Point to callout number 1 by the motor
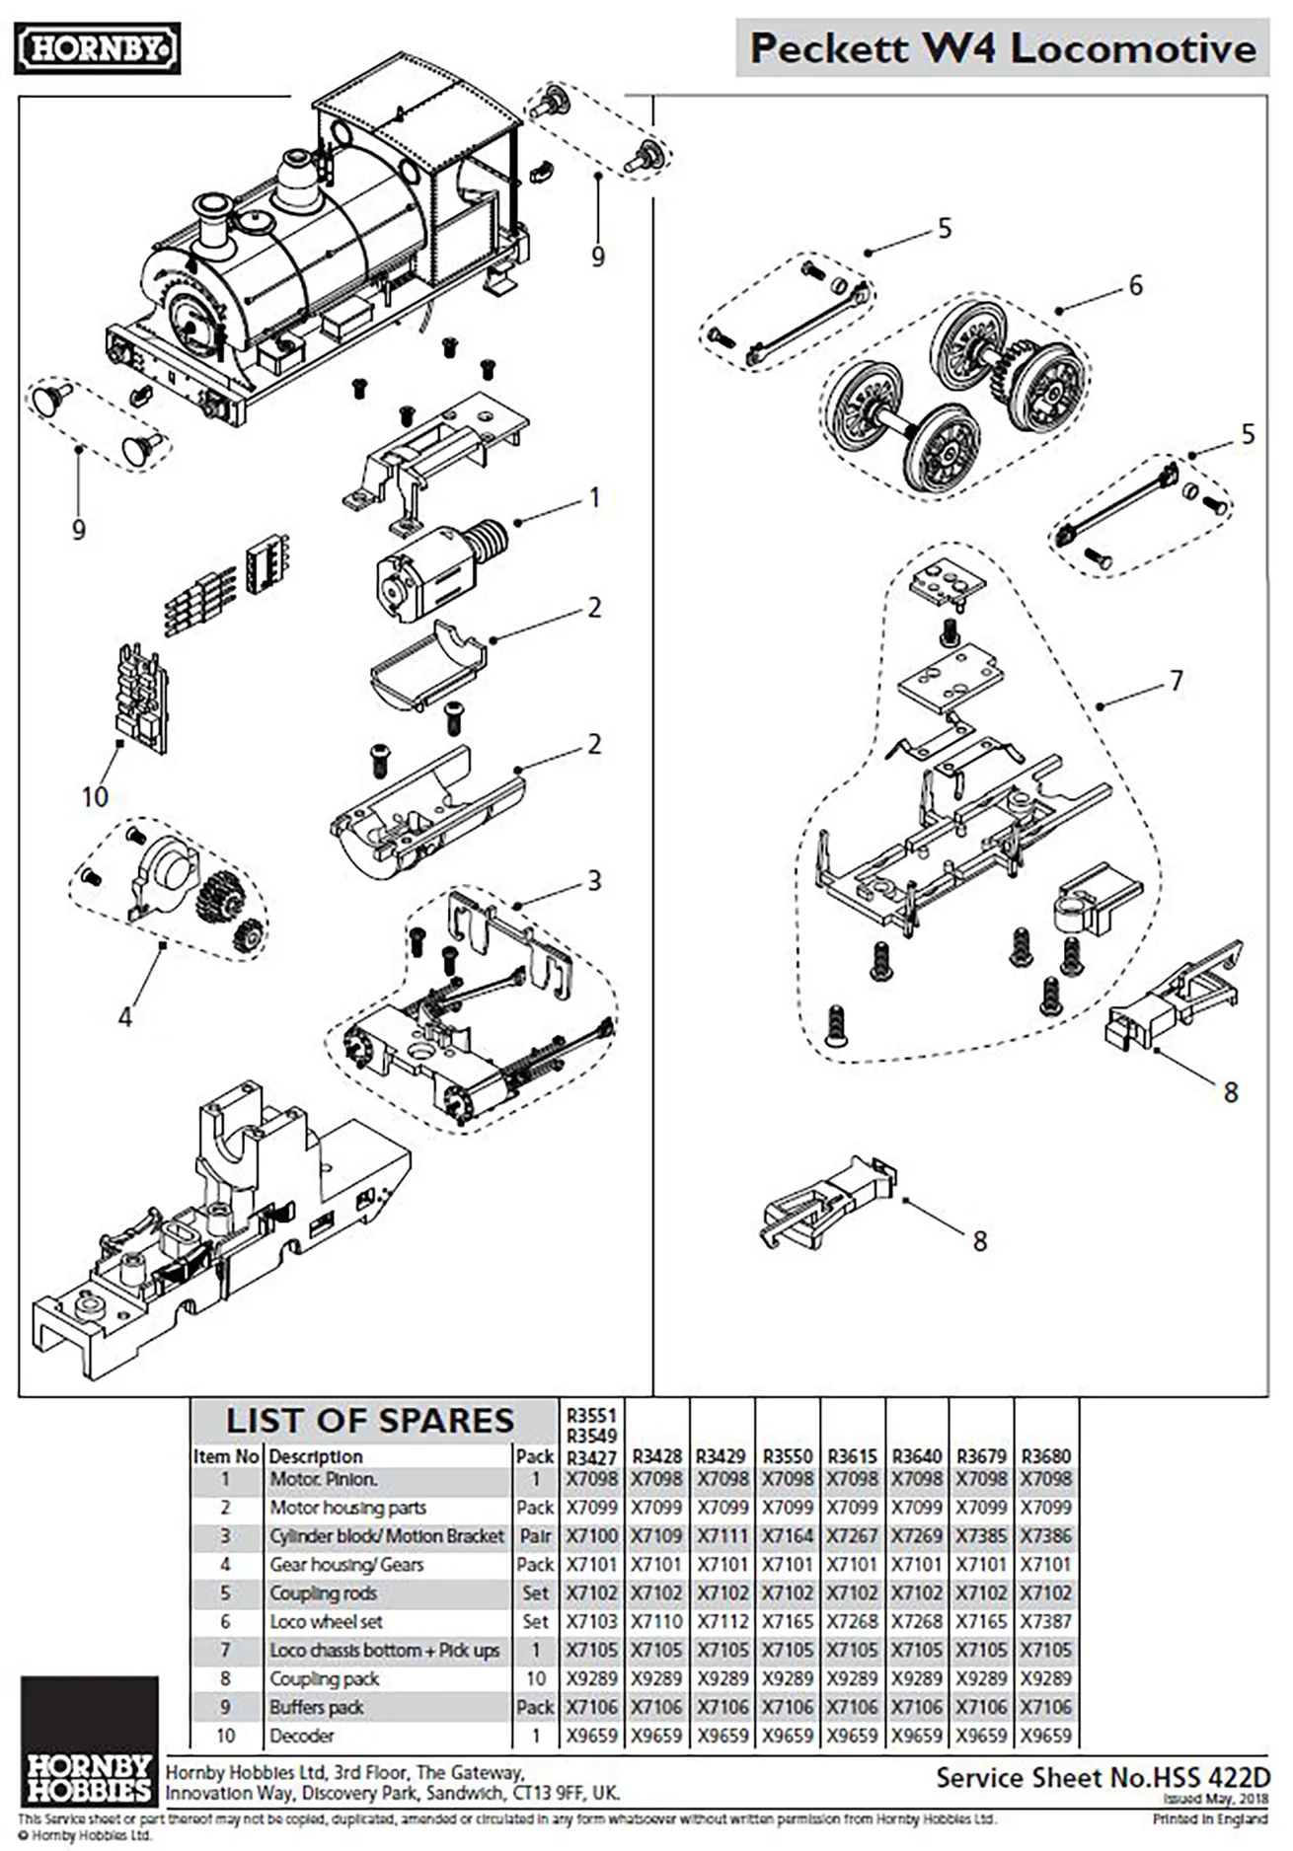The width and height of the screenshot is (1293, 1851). tap(594, 498)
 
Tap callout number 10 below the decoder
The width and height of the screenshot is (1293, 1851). tap(95, 797)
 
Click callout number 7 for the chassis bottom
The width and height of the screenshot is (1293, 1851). tap(1176, 681)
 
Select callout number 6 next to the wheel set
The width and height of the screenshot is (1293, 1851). tap(1135, 286)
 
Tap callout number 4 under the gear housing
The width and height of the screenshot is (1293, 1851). tap(124, 1016)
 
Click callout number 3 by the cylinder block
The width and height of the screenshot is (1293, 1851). tap(593, 880)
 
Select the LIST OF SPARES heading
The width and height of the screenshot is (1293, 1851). tap(370, 1421)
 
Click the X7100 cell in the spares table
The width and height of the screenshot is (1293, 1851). tap(591, 1536)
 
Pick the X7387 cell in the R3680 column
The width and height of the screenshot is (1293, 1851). tap(1046, 1622)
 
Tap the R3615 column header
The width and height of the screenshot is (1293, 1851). tap(852, 1456)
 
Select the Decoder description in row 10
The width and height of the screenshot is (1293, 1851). tap(301, 1736)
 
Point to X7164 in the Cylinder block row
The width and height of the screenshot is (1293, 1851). tap(787, 1536)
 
